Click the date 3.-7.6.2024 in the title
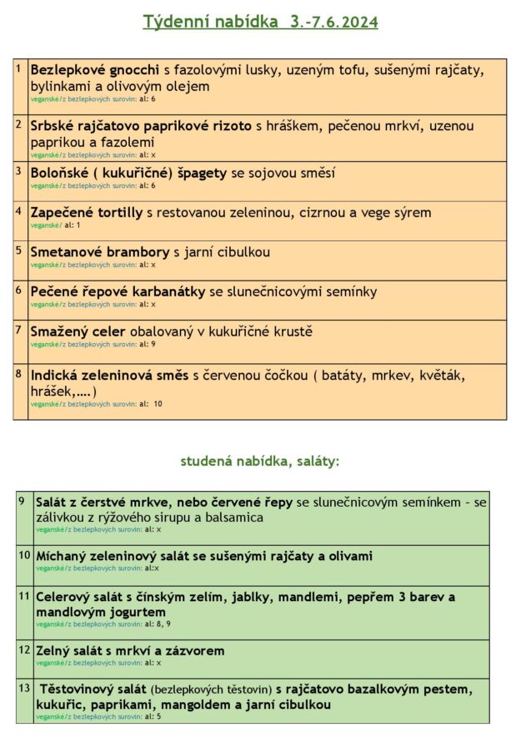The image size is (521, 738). click(x=332, y=23)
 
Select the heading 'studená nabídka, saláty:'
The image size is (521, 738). click(x=260, y=460)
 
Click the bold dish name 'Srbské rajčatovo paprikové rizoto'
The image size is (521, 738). click(x=141, y=126)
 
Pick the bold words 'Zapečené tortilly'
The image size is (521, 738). click(x=87, y=212)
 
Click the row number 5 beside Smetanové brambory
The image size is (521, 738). click(x=19, y=249)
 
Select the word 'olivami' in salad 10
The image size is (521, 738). click(x=348, y=556)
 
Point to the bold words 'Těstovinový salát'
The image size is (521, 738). click(x=93, y=690)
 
